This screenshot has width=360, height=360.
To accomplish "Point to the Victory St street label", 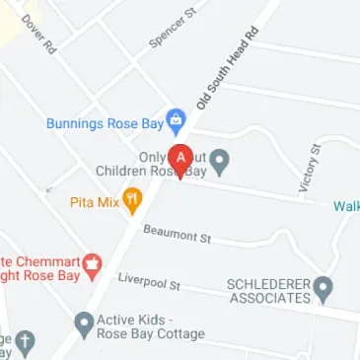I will coord(310,166).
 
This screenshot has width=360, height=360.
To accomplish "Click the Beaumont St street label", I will coord(178,236).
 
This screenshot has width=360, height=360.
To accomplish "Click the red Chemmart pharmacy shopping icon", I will coord(92,264).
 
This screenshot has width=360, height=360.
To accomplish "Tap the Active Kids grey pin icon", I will coord(85,323).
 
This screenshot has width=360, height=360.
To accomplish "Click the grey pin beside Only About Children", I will coord(222,159).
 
